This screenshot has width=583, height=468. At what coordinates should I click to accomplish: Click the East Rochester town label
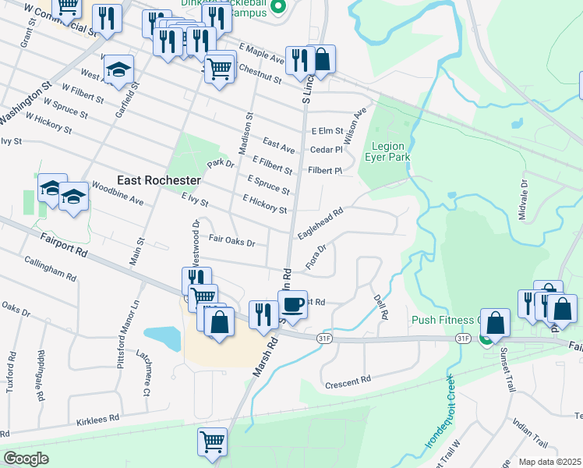point(159,180)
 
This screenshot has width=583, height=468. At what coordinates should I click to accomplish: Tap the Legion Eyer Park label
point(391,151)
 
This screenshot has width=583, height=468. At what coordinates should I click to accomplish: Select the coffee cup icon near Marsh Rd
point(293,304)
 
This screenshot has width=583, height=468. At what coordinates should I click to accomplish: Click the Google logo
point(26,458)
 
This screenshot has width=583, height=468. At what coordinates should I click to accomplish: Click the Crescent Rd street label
point(348,381)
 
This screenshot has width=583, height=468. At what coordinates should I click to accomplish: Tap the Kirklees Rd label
point(97,419)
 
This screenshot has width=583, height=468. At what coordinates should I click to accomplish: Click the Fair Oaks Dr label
point(232,242)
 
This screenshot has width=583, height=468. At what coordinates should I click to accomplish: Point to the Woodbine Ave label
point(118,193)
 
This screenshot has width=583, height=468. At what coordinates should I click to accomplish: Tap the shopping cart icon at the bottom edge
point(212,442)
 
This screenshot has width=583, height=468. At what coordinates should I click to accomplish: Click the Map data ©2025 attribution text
point(550,462)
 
